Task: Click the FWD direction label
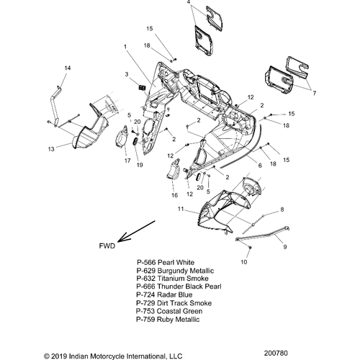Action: click(107, 246)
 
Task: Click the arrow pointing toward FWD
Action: click(136, 231)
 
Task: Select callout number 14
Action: click(68, 68)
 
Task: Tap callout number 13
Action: click(51, 149)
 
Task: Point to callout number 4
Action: click(189, 3)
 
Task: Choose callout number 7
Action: click(314, 93)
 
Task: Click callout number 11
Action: click(181, 209)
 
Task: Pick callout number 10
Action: click(243, 262)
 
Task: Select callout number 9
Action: click(285, 247)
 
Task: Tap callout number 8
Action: click(282, 210)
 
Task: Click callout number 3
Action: click(127, 74)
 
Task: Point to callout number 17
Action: click(127, 161)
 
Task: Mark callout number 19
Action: click(140, 165)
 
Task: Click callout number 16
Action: click(174, 195)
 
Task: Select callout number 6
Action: click(260, 166)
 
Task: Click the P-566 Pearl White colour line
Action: click(166, 262)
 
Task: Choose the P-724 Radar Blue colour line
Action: click(164, 294)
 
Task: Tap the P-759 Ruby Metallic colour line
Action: click(168, 320)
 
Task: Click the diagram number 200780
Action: click(276, 353)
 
